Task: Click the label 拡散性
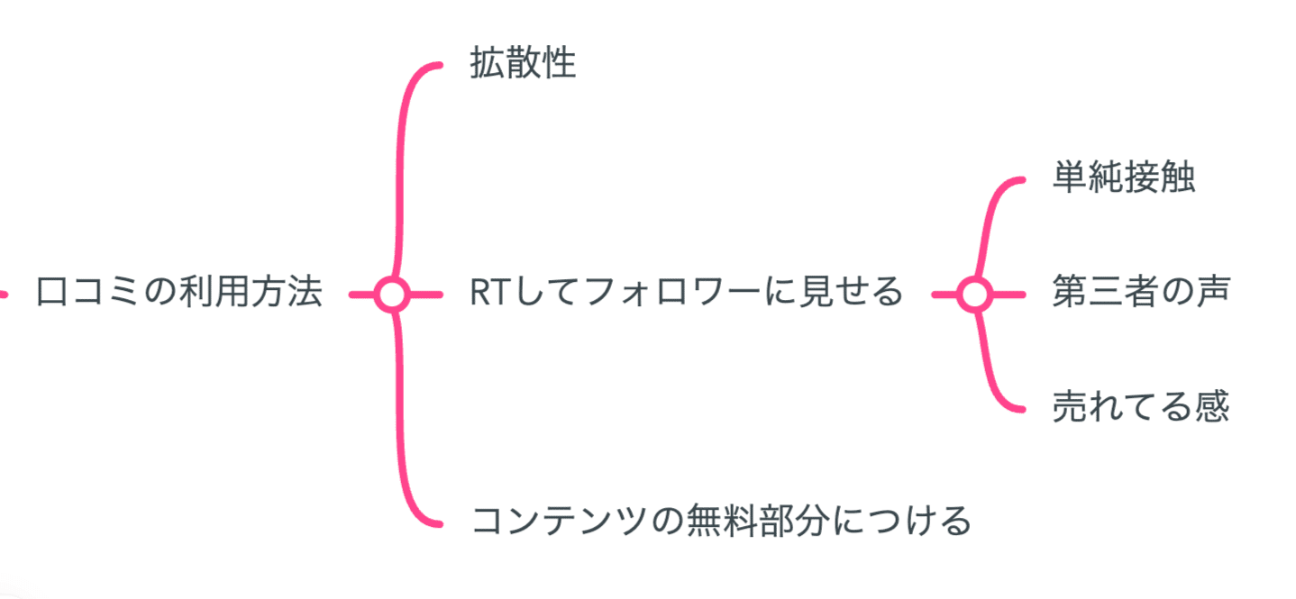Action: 523,65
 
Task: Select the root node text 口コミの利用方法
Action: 178,293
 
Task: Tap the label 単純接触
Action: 1123,178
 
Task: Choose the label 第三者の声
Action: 1139,293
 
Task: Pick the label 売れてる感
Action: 1140,407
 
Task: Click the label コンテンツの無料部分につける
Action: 721,522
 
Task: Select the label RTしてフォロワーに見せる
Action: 686,293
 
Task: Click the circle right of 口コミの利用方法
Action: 392,294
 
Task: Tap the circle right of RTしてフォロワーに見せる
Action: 974,294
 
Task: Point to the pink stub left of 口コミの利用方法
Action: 4,294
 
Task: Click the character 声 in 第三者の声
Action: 1212,293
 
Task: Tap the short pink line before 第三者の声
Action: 1009,294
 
